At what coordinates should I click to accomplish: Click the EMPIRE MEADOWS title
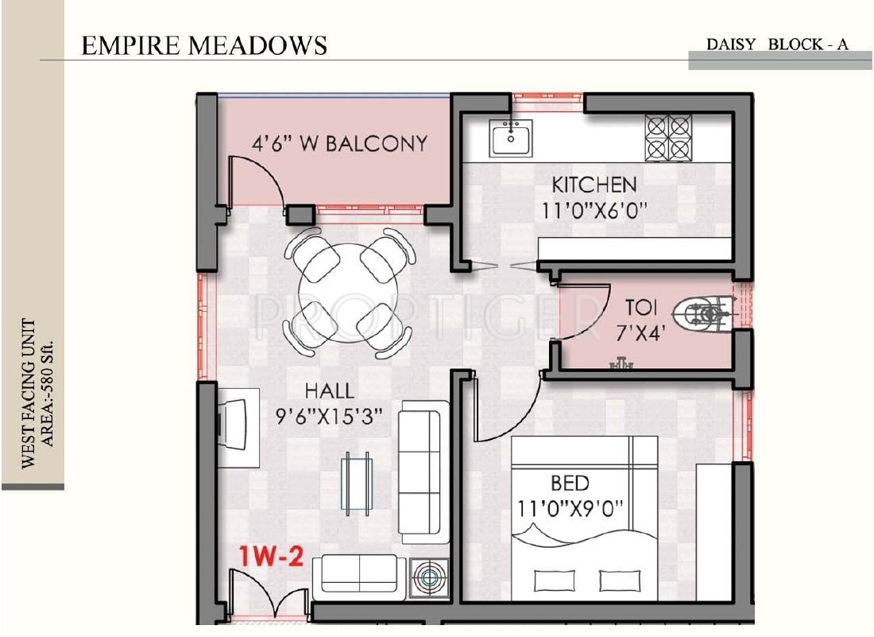[x=204, y=45]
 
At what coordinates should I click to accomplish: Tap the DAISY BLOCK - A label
[x=777, y=44]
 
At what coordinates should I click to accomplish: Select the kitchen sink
[x=511, y=138]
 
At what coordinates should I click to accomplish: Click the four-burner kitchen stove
[x=668, y=138]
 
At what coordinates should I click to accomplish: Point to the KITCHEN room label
[x=594, y=184]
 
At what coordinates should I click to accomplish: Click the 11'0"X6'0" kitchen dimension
[x=595, y=211]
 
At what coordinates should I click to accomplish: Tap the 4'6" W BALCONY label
[x=339, y=143]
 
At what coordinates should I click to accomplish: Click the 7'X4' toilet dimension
[x=641, y=333]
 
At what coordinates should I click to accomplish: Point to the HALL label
[x=330, y=390]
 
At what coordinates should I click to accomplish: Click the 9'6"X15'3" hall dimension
[x=330, y=416]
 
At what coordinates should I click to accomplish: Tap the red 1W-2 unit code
[x=272, y=556]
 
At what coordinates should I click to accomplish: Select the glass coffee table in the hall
[x=357, y=484]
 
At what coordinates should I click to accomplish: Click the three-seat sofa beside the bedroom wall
[x=424, y=472]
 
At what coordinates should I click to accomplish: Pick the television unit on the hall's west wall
[x=238, y=427]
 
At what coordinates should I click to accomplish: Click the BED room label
[x=570, y=483]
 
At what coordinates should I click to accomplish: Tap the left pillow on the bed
[x=554, y=581]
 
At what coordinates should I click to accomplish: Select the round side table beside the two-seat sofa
[x=428, y=577]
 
